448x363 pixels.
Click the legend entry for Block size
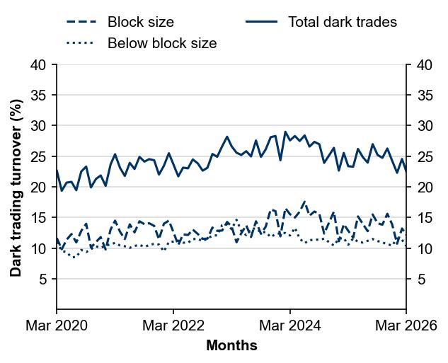pos(140,22)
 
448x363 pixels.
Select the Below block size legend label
pos(162,43)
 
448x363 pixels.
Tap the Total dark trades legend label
pos(342,22)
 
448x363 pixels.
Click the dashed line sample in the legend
pos(80,22)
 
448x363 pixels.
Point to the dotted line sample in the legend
pos(80,43)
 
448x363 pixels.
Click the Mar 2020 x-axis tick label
pos(57,326)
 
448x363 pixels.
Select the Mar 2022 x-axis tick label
pos(173,326)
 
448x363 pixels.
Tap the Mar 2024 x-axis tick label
pos(290,326)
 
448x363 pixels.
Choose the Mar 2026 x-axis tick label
pos(406,326)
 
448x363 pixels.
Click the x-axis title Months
pos(231,346)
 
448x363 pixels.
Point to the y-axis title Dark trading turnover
pos(16,187)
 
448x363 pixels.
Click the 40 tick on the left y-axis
pos(39,65)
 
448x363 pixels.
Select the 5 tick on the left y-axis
pos(43,280)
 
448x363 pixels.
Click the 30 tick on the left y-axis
pos(39,126)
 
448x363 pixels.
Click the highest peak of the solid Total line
pos(285,132)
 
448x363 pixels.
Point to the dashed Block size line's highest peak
pos(304,202)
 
